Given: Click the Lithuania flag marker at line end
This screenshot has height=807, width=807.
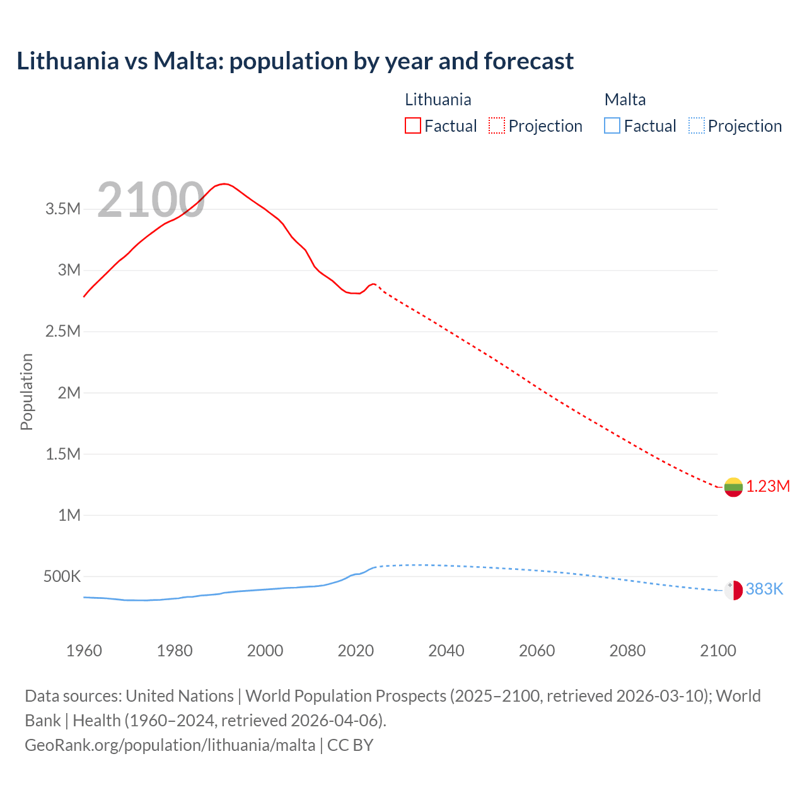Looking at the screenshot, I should pos(733,487).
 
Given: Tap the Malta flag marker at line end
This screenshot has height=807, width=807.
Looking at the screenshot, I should pos(733,590).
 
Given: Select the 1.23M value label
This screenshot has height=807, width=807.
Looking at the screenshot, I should pos(768,486).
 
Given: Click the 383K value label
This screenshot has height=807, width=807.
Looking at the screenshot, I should pos(764,589).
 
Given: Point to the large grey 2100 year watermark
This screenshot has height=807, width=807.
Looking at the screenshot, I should pos(151,200).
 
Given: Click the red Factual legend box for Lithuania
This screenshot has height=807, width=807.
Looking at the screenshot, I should pos(412,125).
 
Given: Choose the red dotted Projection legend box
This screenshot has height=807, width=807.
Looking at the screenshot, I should pos(497,125).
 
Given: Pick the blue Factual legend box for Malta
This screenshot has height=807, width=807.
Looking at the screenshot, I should pos(612,125).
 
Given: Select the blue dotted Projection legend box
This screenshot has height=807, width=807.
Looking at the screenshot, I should pos(696,125).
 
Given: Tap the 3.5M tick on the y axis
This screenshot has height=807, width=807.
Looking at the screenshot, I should pos(63,209).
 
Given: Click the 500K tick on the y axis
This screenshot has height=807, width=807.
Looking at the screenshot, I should pos(62,576).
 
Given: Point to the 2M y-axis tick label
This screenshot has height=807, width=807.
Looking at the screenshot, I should pos(69,393).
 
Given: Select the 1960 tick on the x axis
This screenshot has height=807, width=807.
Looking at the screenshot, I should pos(84,651).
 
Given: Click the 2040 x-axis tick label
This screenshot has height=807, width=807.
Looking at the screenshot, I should pos(446,651).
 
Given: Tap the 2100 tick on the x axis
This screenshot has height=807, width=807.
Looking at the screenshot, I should pos(718,651).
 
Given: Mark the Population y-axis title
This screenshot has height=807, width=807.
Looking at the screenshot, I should pos(26,392).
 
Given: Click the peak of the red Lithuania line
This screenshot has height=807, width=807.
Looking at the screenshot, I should pos(224,183).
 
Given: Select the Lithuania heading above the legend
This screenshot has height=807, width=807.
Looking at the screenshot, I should pos(438,100).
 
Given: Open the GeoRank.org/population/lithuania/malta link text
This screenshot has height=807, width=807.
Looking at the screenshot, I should pos(170,745).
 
